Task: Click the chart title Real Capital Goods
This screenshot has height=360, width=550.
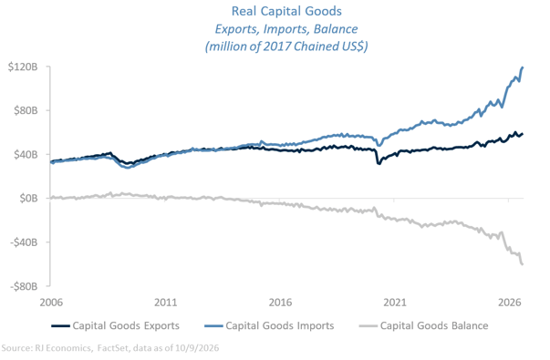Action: [286, 11]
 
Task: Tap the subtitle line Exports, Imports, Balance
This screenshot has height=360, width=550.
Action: [286, 29]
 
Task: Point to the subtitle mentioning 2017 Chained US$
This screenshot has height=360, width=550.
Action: [286, 46]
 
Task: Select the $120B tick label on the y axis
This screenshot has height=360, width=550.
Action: [23, 67]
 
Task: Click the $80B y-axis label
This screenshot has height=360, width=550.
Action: [26, 110]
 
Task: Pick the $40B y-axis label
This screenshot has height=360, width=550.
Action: [26, 154]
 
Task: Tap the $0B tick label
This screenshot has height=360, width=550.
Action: [28, 199]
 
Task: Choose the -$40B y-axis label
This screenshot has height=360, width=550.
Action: [24, 242]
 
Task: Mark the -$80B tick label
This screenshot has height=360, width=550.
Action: [24, 286]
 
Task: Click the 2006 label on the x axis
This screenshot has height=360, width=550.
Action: [51, 303]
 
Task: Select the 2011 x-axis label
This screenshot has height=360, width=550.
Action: [166, 303]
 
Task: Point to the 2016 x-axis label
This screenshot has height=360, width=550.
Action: [280, 303]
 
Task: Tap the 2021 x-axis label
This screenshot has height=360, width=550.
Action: [395, 303]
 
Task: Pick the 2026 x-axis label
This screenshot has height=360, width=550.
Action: [509, 303]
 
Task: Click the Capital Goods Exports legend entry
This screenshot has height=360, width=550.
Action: [116, 325]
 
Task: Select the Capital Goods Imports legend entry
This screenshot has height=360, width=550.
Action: [269, 325]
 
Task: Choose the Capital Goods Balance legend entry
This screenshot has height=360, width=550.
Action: [424, 325]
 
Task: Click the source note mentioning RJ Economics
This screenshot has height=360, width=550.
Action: [110, 348]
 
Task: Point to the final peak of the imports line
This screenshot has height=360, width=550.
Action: [523, 67]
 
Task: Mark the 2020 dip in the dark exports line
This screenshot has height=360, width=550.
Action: [379, 163]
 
